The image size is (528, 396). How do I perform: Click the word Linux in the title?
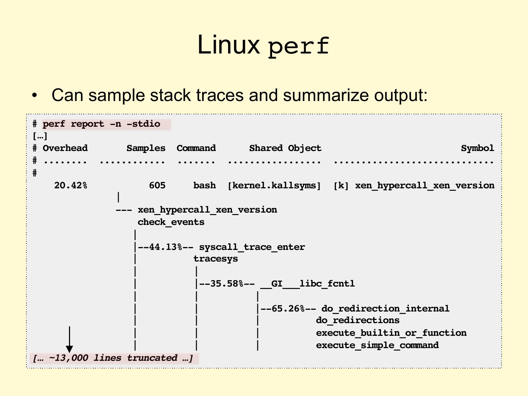point(228,45)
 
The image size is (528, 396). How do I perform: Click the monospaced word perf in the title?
point(298,46)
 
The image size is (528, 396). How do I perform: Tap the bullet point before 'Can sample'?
point(34,96)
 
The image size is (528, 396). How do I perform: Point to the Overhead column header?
point(65,148)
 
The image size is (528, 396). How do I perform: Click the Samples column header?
point(146,148)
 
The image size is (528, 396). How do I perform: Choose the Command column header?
point(196,148)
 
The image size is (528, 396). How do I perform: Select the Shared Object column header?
point(285,148)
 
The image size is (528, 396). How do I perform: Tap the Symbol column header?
point(477,148)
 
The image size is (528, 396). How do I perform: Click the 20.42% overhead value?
point(70,186)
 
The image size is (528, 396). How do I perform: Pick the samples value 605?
point(157,186)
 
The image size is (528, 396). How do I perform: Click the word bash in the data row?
point(205,186)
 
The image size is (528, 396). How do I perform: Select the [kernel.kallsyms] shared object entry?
point(274,186)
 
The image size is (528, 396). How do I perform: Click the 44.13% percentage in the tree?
point(165,247)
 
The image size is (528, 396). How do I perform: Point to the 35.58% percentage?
point(226,284)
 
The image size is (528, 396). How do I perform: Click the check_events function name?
point(171,222)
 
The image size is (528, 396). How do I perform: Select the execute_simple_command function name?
point(377,345)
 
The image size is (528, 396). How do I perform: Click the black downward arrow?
point(70,339)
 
